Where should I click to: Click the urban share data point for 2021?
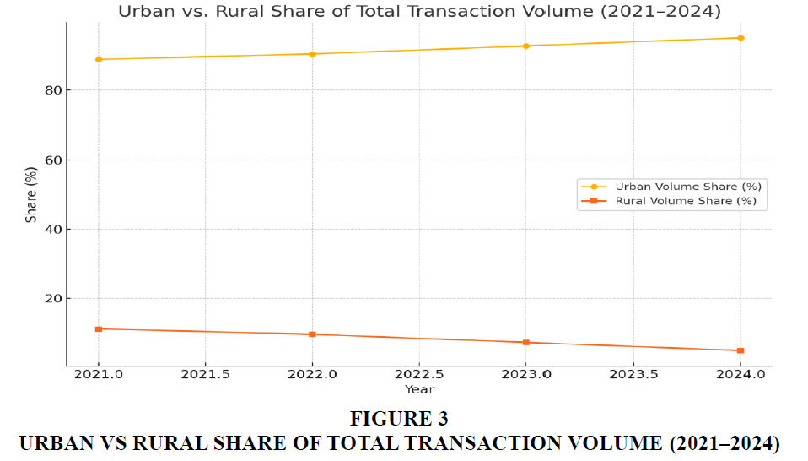pos(99,59)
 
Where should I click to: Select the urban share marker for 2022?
pos(312,54)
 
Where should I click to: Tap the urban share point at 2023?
pos(526,46)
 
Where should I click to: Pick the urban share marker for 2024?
pos(741,38)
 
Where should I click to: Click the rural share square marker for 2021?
pos(99,328)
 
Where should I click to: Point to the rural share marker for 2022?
pos(312,334)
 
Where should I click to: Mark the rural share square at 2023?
pos(526,342)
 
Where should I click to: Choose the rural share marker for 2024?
pos(741,350)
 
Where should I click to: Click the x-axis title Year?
pos(419,389)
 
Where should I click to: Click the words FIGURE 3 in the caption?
pos(399,418)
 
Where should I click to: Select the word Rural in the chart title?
pos(246,12)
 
